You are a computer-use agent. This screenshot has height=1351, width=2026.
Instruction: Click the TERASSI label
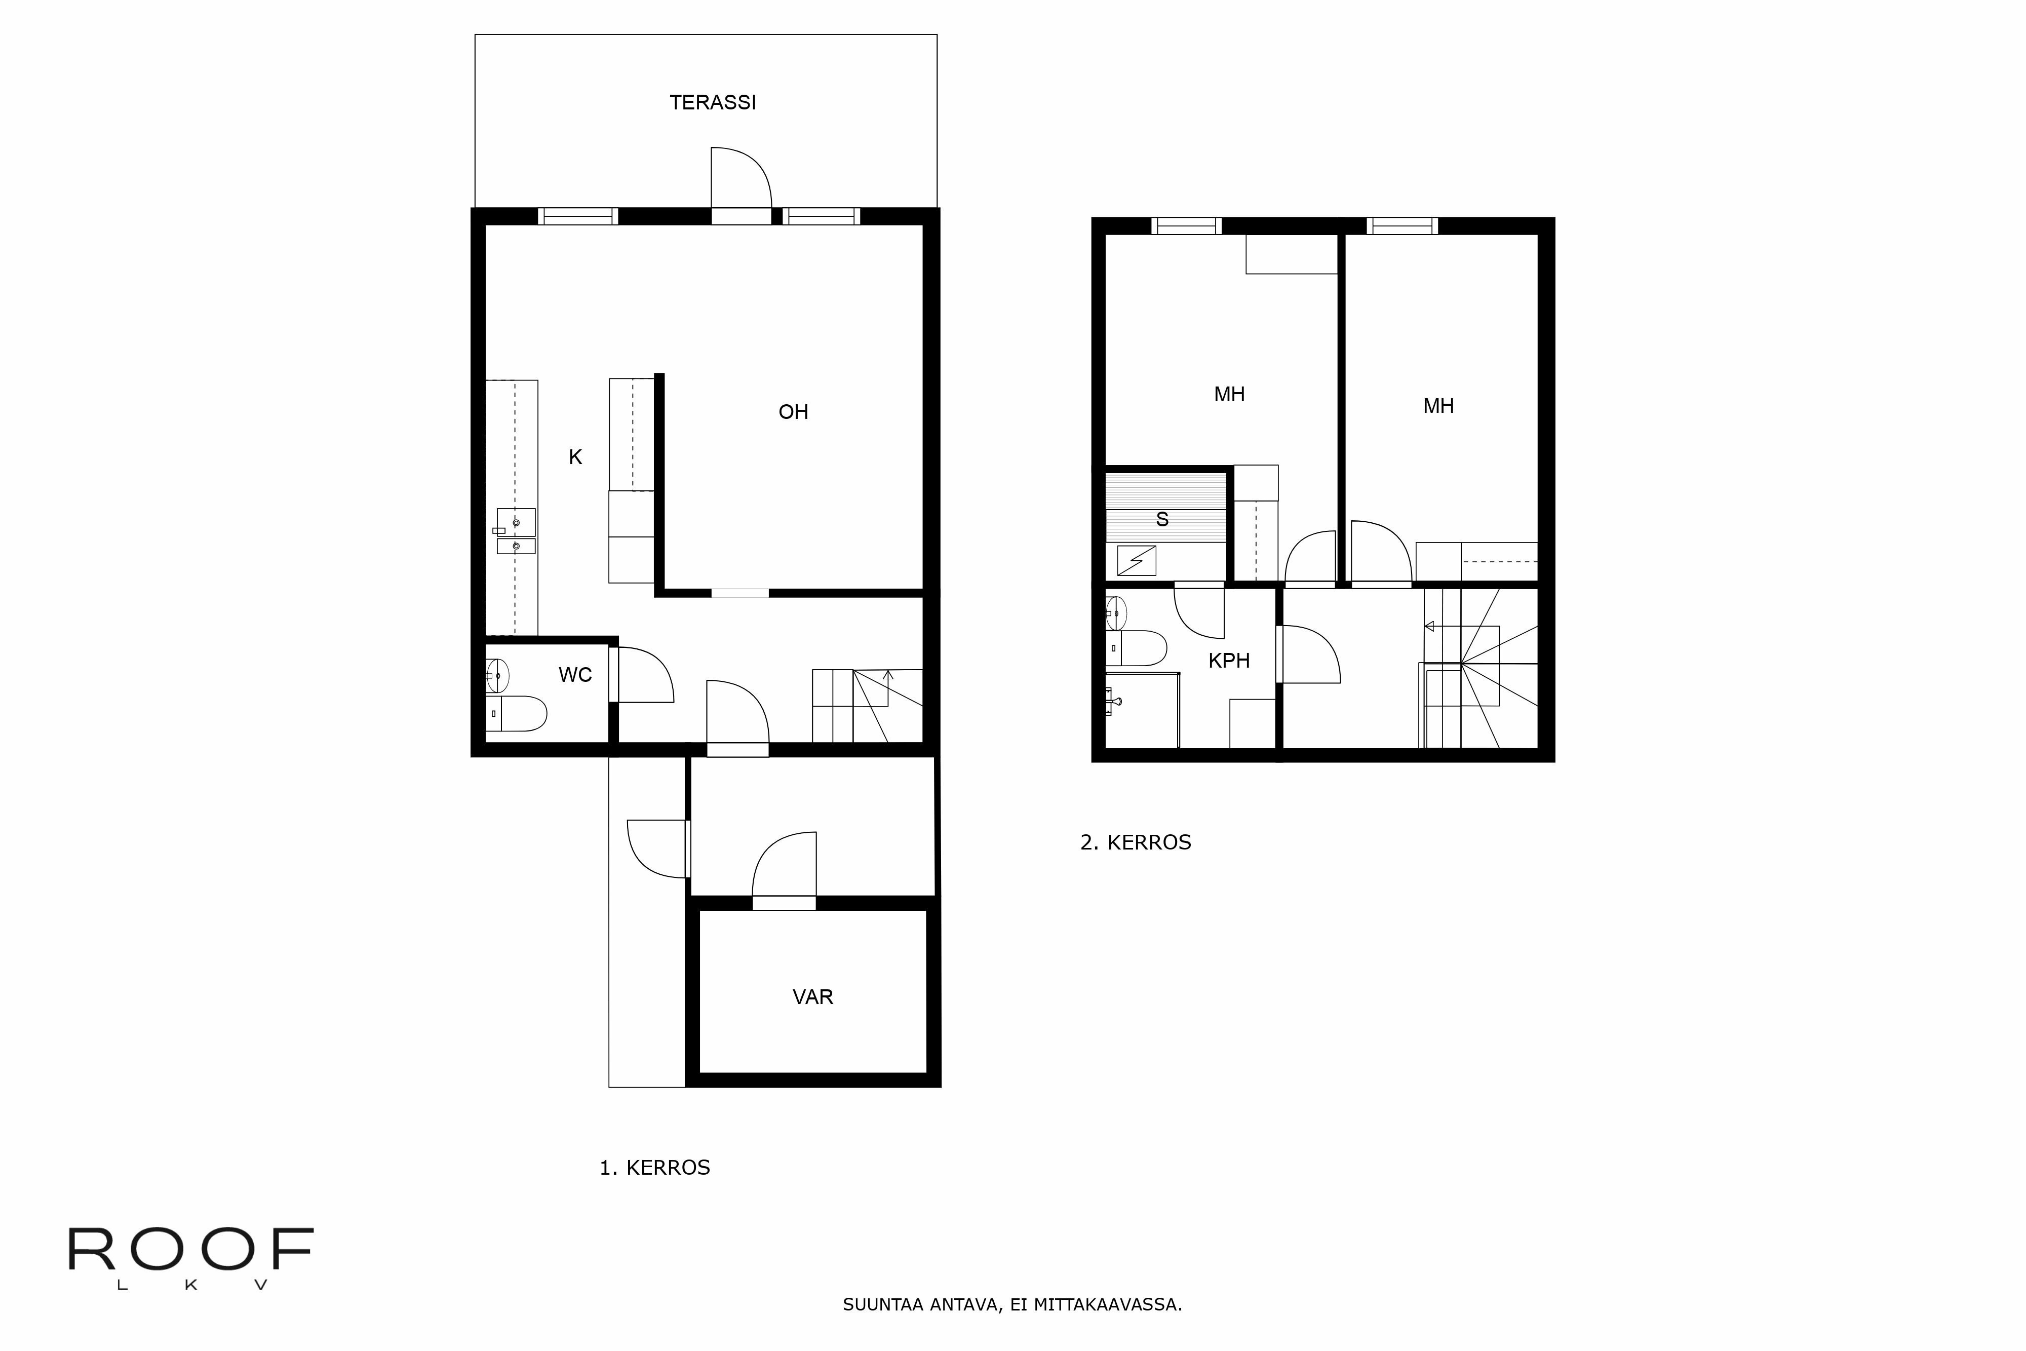tap(712, 102)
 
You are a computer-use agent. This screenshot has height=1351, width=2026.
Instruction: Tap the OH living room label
tap(793, 412)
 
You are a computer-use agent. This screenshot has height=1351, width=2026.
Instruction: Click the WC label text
tap(574, 675)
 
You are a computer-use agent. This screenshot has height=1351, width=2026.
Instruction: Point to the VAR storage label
tap(812, 997)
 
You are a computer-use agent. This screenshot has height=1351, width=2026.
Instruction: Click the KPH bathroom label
tap(1228, 661)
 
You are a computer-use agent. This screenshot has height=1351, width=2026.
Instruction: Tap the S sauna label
tap(1162, 520)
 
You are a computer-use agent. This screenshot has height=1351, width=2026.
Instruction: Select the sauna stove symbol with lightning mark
tap(1136, 561)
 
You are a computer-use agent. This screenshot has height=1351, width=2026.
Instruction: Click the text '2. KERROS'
tap(1135, 842)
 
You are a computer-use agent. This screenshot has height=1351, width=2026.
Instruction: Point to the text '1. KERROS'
tap(655, 1168)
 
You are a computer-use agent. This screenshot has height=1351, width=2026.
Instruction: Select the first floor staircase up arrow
tap(888, 676)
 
